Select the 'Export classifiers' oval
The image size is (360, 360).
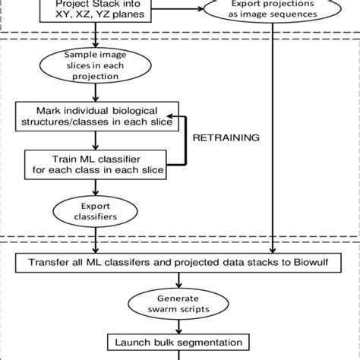96,208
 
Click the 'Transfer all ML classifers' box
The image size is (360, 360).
180,264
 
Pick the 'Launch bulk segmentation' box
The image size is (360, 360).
179,343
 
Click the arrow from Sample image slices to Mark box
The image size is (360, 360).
96,96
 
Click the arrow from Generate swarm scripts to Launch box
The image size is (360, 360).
179,327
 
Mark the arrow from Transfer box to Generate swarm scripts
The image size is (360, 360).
179,282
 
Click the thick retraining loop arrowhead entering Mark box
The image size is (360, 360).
174,119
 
